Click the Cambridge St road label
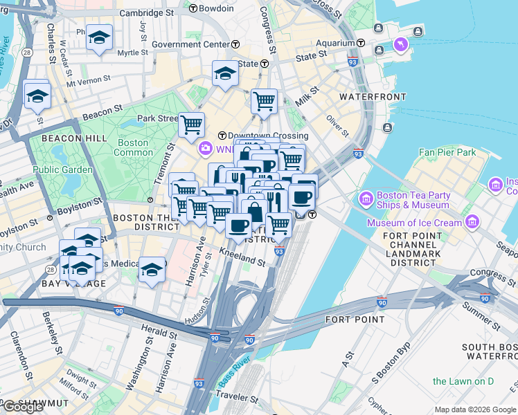147,12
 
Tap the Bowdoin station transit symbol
193,8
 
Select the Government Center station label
190,44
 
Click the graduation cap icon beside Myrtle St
100,37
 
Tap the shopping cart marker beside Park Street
191,125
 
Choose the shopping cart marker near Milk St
264,101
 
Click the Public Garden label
62,169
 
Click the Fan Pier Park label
447,151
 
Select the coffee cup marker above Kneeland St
238,225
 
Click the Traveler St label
236,399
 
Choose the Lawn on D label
462,381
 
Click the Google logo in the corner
22,407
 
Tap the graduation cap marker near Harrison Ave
152,270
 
